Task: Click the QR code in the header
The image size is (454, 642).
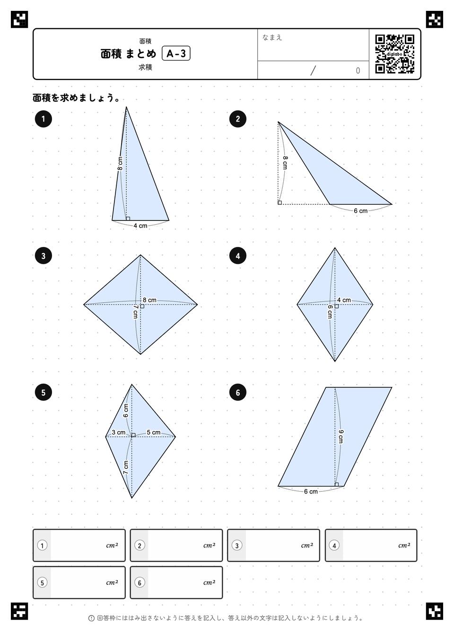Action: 395,54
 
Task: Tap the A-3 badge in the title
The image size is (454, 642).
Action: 176,53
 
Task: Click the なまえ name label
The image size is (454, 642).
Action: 272,37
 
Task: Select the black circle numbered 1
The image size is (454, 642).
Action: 43,119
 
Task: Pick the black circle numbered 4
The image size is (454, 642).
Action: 238,255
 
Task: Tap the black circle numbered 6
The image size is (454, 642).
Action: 238,392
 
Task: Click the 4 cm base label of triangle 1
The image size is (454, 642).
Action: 140,226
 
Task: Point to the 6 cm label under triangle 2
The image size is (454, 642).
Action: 361,211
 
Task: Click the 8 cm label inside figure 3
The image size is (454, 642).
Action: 149,300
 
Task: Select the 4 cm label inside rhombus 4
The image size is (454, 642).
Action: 344,300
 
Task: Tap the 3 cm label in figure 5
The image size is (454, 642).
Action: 119,432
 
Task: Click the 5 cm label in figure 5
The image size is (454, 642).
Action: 154,432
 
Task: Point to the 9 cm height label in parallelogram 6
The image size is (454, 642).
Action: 340,437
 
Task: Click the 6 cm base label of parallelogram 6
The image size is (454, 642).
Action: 311,492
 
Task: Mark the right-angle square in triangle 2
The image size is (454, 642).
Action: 280,202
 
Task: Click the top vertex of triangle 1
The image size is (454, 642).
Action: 126,107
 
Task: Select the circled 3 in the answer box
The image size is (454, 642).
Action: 237,545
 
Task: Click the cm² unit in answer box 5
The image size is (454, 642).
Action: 112,583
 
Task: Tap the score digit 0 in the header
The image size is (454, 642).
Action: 358,70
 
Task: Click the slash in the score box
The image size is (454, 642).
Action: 313,70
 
